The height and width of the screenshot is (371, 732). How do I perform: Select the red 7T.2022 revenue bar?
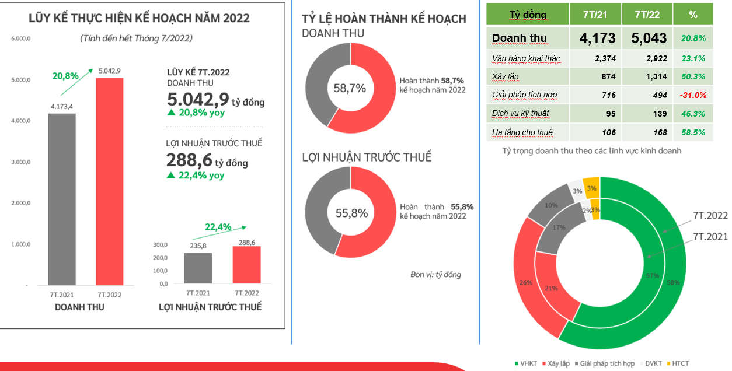tap(110, 181)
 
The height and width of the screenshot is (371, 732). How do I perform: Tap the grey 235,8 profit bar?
tap(198, 268)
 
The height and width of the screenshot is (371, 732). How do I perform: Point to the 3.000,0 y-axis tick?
tap(20, 162)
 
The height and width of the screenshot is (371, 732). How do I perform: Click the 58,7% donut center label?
tap(350, 89)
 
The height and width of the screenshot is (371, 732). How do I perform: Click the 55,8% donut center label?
tap(351, 213)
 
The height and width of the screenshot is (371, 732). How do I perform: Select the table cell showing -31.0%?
tap(693, 95)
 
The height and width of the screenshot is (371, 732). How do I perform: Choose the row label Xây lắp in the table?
tap(506, 76)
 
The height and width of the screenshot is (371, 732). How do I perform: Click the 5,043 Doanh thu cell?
tap(649, 38)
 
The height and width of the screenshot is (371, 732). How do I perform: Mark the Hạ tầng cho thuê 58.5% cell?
tap(693, 132)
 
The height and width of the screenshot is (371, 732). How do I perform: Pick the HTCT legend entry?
tap(677, 363)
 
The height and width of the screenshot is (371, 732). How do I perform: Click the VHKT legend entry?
tap(527, 363)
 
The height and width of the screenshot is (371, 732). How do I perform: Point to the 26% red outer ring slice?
tap(526, 282)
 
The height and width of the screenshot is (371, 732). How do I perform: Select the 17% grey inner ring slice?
tap(559, 228)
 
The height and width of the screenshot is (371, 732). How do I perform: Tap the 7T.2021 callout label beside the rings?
tap(710, 236)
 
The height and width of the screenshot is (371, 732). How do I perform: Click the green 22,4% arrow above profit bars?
tap(225, 228)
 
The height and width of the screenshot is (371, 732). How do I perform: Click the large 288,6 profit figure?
tap(189, 160)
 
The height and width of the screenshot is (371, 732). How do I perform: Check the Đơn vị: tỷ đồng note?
tap(435, 274)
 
